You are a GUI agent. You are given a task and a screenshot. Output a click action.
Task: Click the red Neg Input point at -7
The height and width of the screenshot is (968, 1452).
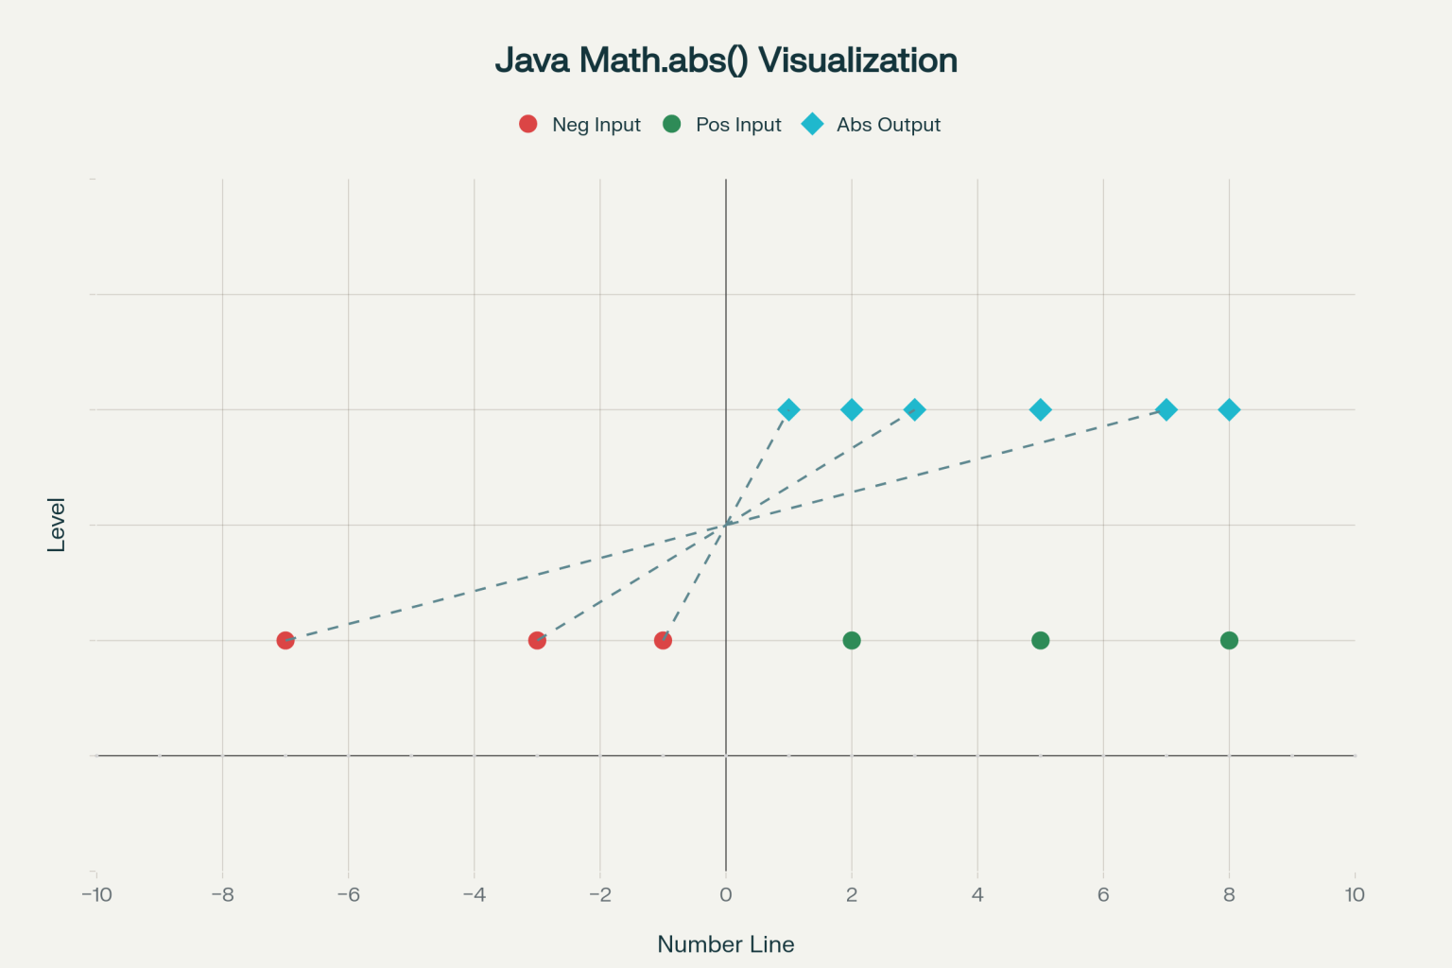click(285, 640)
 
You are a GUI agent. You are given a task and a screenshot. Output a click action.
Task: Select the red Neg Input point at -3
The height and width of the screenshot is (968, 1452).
click(537, 640)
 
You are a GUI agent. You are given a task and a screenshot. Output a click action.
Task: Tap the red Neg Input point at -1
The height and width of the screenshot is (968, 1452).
click(663, 640)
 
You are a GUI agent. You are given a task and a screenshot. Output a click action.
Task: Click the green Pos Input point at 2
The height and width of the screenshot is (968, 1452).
click(852, 640)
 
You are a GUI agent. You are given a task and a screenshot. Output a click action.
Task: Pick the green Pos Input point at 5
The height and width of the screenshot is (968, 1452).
click(1040, 640)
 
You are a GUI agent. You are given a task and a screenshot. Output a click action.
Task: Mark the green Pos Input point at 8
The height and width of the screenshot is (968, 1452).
click(1229, 640)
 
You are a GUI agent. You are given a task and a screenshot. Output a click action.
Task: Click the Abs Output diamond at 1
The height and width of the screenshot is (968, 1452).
click(788, 409)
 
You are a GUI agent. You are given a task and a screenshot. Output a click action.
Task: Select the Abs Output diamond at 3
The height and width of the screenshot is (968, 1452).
click(914, 409)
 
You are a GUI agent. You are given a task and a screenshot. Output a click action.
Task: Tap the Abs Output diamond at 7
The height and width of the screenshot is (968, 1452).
click(1167, 409)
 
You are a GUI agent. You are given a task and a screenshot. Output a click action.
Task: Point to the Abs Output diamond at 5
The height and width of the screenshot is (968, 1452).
click(1040, 409)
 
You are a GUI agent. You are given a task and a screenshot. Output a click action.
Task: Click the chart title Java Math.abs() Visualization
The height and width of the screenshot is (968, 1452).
click(726, 60)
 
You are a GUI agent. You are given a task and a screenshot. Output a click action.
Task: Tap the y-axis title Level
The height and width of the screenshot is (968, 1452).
click(57, 525)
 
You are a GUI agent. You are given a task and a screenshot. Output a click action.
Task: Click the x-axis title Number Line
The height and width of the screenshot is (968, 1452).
click(726, 944)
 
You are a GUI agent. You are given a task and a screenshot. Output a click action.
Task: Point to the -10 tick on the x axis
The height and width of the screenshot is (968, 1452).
click(96, 894)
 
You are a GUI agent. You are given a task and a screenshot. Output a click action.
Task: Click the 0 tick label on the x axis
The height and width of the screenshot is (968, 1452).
click(726, 894)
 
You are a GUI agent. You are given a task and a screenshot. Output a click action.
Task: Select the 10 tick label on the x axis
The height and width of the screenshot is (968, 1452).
click(1355, 894)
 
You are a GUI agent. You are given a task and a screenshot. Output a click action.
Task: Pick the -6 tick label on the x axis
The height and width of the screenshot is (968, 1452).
click(348, 894)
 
